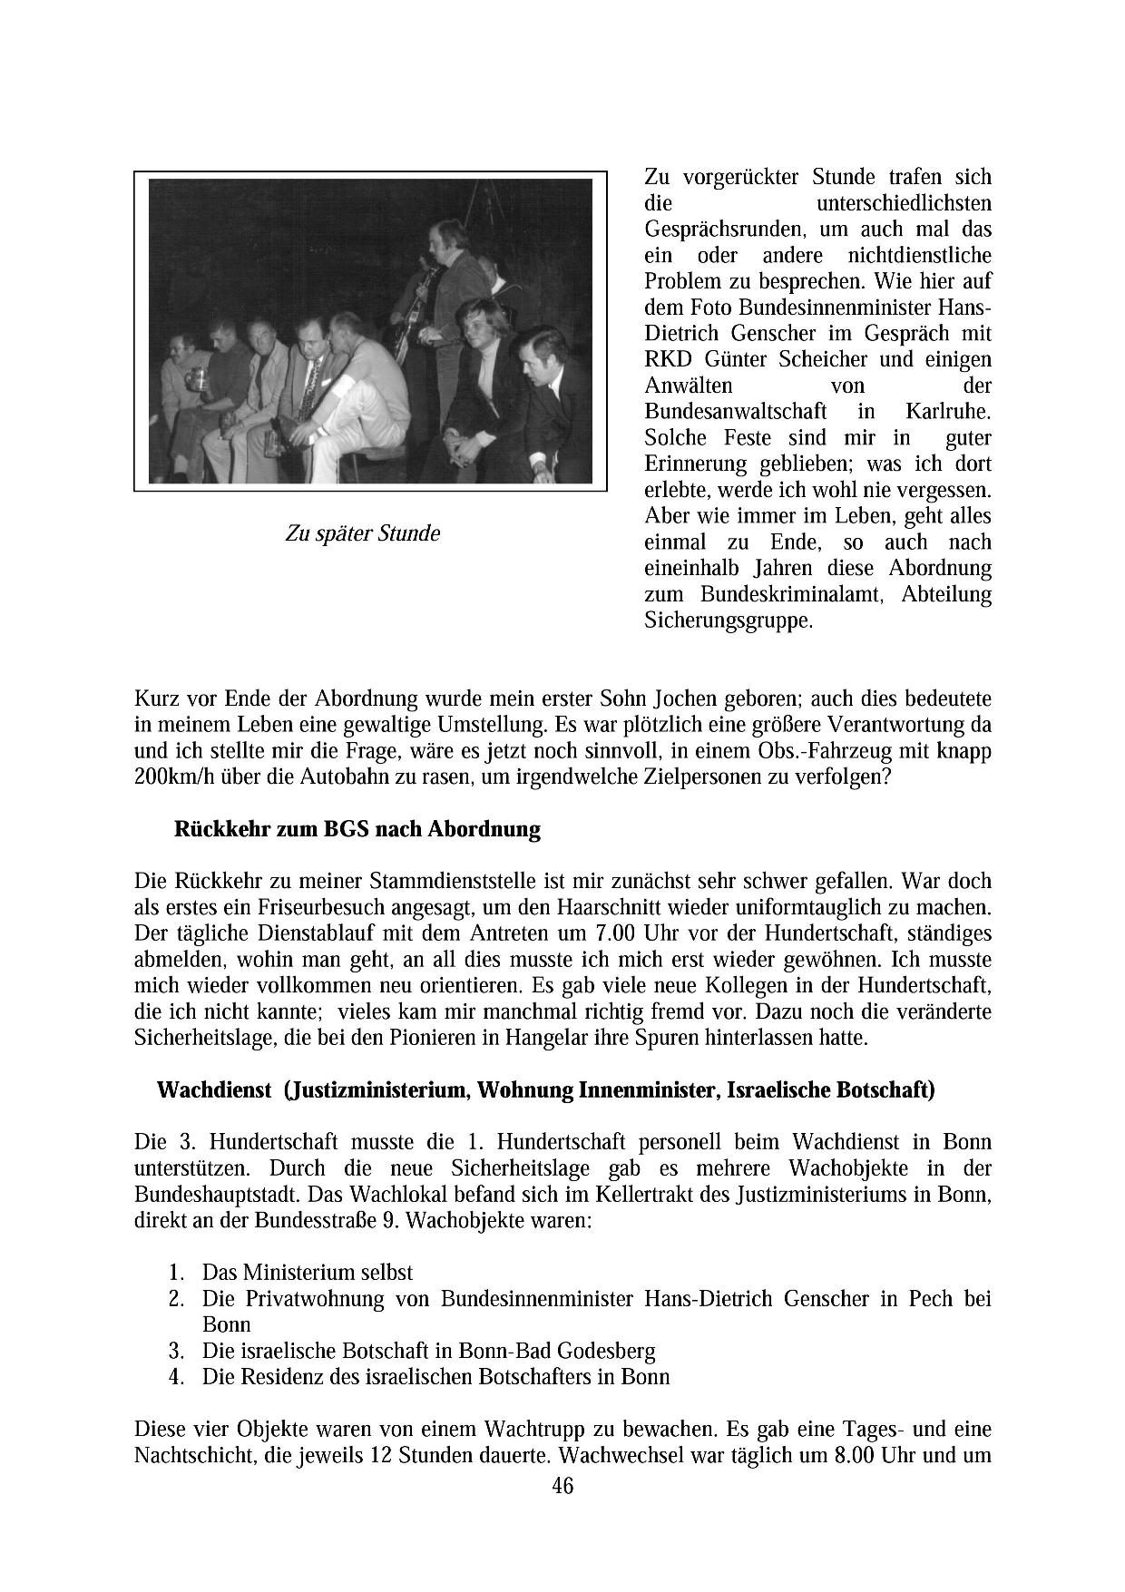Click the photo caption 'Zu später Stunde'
point(362,533)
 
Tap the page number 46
point(562,1486)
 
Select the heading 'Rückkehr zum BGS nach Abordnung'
point(357,829)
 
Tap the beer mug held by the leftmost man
point(193,378)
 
